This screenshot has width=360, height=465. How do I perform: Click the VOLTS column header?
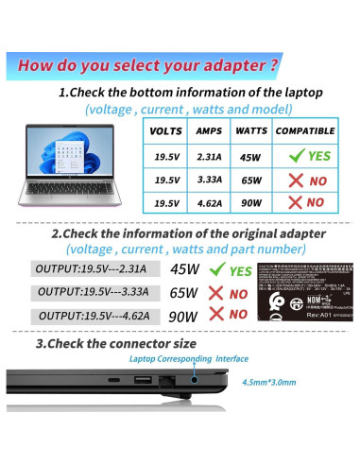click(x=166, y=131)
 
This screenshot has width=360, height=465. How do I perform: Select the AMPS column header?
click(x=209, y=131)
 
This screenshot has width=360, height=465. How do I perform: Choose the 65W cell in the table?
click(x=250, y=179)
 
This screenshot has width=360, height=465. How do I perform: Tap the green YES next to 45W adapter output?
click(x=241, y=270)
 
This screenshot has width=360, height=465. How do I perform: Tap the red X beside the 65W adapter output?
click(x=216, y=293)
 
